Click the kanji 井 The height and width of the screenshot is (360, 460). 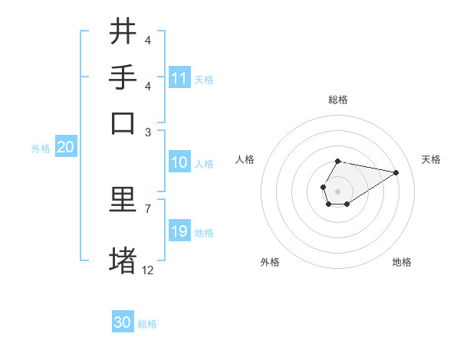pyautogui.click(x=123, y=31)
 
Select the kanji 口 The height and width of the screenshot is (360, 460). pyautogui.click(x=123, y=123)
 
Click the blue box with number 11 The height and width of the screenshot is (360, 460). pyautogui.click(x=179, y=78)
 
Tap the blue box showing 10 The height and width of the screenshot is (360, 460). pyautogui.click(x=179, y=163)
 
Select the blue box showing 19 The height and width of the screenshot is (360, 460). pyautogui.click(x=179, y=232)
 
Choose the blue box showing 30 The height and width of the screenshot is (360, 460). pyautogui.click(x=123, y=323)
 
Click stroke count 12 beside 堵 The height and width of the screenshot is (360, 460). pyautogui.click(x=148, y=270)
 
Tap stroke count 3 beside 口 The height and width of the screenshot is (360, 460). pyautogui.click(x=147, y=131)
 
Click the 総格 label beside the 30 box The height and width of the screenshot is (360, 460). pyautogui.click(x=147, y=324)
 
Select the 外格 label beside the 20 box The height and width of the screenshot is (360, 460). pyautogui.click(x=41, y=149)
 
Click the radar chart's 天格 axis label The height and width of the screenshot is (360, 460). pyautogui.click(x=432, y=159)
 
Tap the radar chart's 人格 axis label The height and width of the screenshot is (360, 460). pyautogui.click(x=245, y=159)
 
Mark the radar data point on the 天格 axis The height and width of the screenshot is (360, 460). pyautogui.click(x=396, y=172)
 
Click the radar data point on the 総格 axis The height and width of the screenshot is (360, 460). pyautogui.click(x=337, y=161)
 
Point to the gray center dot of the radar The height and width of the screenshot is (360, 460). pyautogui.click(x=337, y=190)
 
